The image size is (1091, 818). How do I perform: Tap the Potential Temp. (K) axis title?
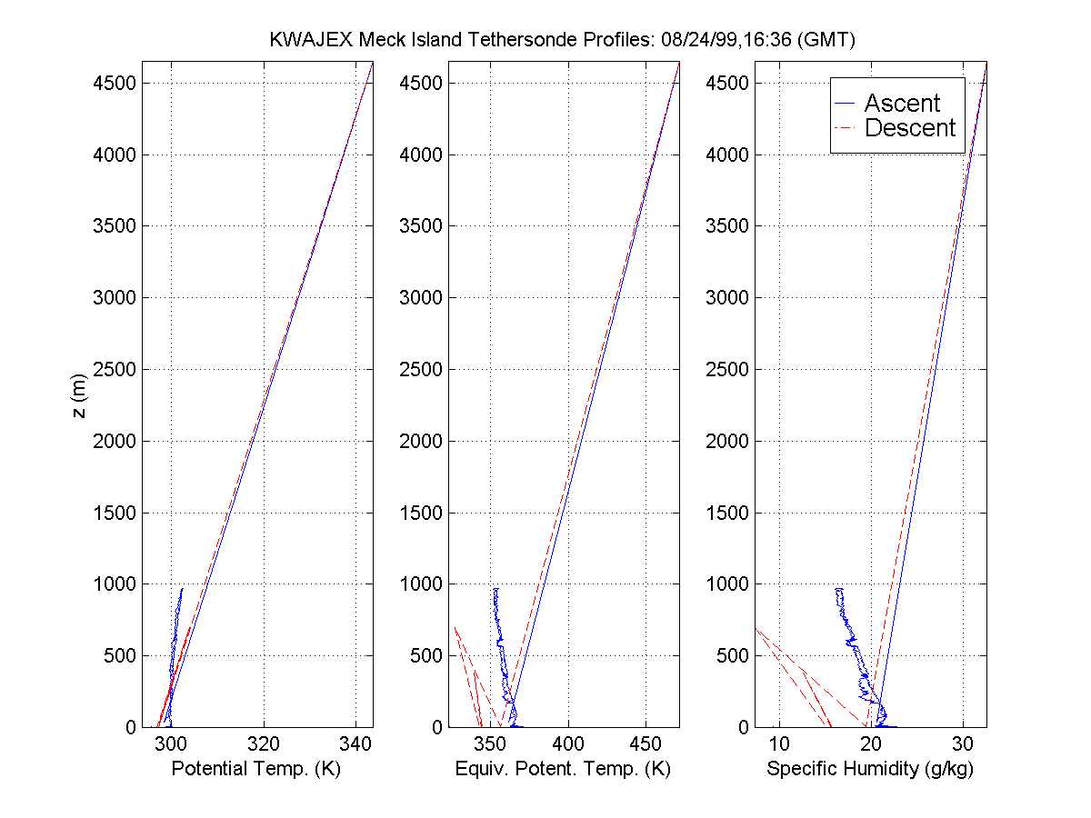coord(255,769)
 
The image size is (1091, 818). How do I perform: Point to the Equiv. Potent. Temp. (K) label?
coord(563,769)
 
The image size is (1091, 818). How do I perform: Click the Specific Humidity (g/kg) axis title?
coord(870,769)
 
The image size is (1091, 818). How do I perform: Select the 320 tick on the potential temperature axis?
coord(264,743)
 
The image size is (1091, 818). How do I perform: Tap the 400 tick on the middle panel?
coord(568,743)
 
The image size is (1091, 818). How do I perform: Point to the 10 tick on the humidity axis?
coord(778,743)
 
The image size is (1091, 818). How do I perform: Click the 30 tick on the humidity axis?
coord(963,743)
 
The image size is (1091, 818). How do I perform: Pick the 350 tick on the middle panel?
coord(490,743)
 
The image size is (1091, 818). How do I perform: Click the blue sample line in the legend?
coord(846,105)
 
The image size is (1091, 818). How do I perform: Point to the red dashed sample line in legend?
coord(846,129)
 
